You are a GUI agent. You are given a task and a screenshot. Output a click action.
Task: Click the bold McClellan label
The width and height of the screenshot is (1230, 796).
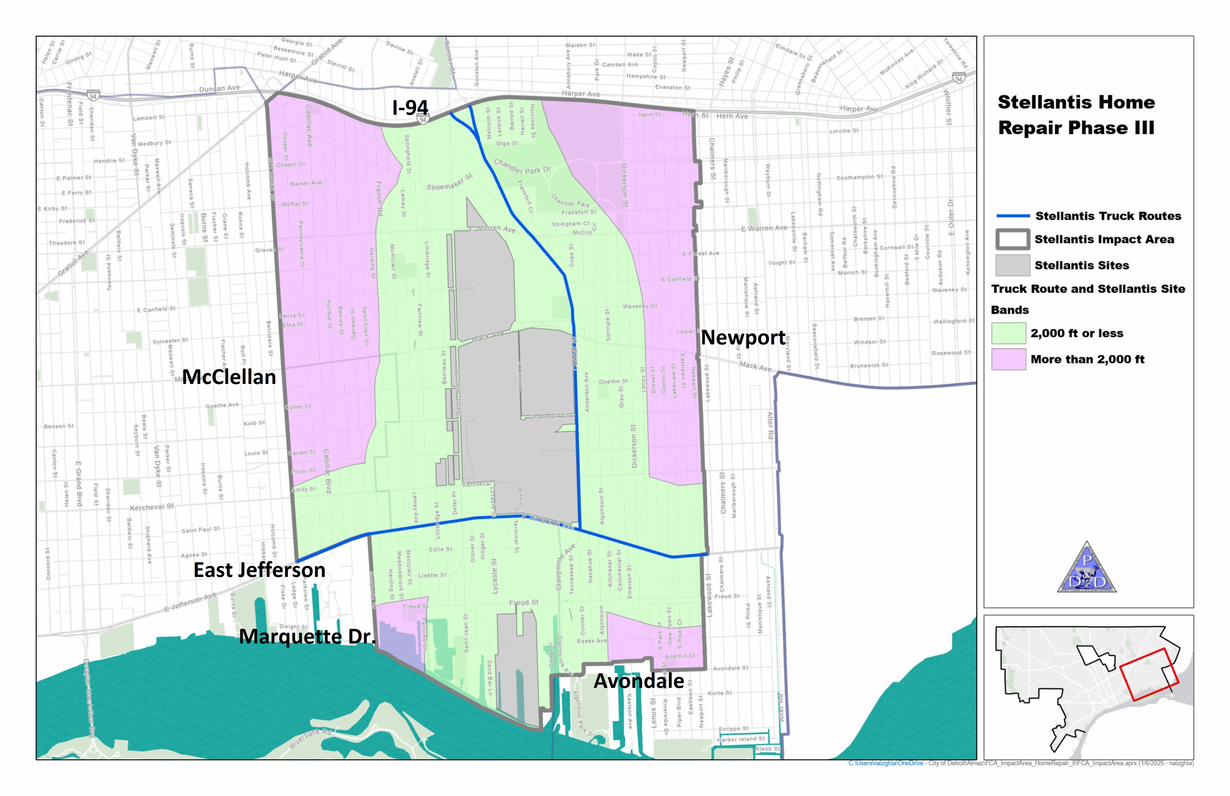(229, 377)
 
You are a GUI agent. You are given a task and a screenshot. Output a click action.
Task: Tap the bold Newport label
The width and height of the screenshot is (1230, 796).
(743, 337)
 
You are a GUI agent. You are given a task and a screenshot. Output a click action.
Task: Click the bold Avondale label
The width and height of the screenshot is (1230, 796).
(639, 681)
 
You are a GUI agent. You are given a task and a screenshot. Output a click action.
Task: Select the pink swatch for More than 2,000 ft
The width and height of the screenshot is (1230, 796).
(1008, 359)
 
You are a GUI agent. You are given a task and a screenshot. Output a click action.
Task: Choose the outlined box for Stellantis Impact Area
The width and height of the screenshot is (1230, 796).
(1012, 239)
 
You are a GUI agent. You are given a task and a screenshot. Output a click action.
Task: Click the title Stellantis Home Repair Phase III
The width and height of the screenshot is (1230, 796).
(1076, 115)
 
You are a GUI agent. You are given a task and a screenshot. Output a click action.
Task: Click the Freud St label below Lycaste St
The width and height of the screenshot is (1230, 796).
(524, 603)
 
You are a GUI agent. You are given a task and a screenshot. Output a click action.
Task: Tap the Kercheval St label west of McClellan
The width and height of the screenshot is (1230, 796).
(152, 507)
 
